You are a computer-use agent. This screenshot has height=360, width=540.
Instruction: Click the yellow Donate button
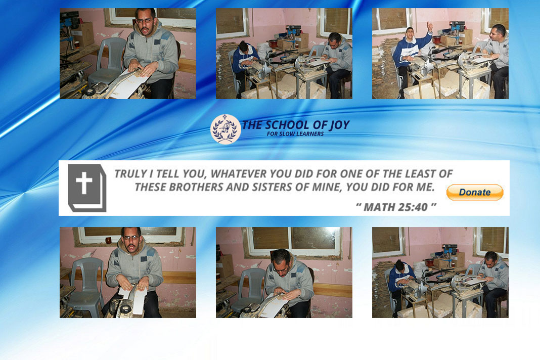coord(475,192)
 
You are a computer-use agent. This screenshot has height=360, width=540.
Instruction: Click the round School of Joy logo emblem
coord(226,129)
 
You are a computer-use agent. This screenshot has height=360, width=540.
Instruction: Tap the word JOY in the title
coord(340,125)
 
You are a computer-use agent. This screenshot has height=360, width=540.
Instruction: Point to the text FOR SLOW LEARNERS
coord(295,134)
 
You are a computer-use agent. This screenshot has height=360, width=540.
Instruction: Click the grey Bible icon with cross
coord(87,188)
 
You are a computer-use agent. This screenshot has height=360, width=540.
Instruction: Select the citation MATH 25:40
coord(396,207)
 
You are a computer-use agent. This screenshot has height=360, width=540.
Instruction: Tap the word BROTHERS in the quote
coord(196,187)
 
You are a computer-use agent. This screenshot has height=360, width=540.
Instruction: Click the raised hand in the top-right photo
coord(429,26)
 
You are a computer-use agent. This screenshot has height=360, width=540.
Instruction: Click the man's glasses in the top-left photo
coord(145,21)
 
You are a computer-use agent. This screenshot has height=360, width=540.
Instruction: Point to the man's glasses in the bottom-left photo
coord(131,238)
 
